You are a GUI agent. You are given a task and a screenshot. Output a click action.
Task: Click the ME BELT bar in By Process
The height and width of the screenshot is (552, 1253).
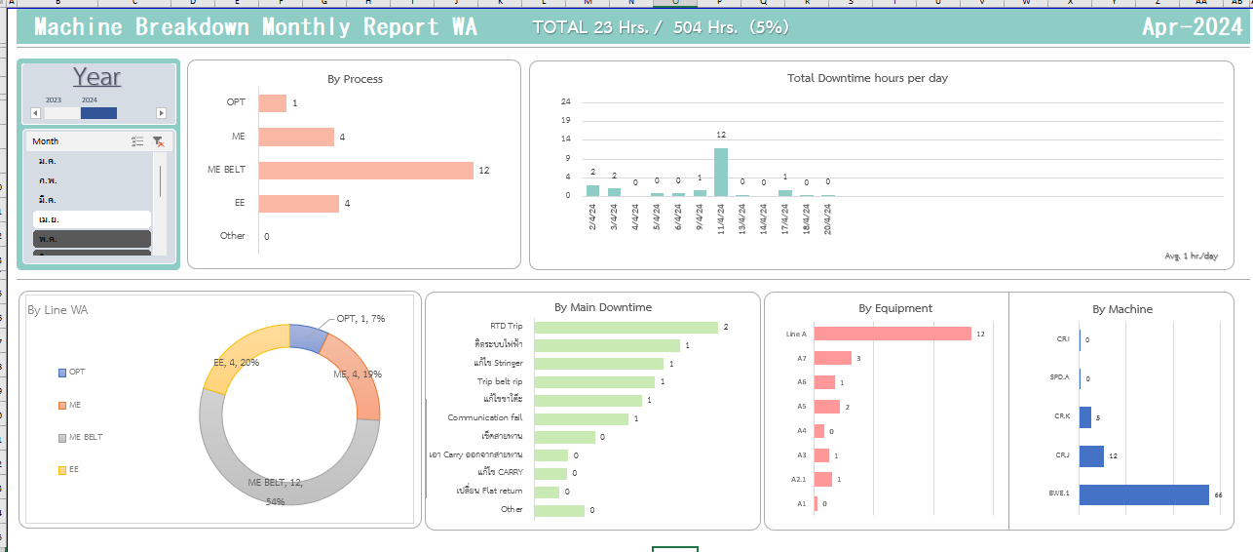[x=365, y=171]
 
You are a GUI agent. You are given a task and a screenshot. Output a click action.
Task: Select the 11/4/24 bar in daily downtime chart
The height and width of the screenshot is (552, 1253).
[x=721, y=172]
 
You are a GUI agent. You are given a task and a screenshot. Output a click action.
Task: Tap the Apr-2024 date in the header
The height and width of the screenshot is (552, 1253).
[x=1192, y=27]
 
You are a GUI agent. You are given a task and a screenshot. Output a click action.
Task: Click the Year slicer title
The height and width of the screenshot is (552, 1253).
[x=96, y=77]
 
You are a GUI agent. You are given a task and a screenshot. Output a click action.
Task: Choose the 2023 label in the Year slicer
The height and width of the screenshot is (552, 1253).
[x=54, y=100]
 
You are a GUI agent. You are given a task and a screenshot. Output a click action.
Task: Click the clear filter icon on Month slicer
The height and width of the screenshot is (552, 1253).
[x=158, y=141]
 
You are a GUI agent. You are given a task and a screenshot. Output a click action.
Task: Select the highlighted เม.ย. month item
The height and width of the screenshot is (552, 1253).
[x=92, y=219]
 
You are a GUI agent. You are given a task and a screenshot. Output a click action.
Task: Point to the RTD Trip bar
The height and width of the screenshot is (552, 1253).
[x=626, y=328]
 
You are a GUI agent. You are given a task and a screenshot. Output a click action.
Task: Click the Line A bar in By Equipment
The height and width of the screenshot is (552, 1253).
[x=892, y=334]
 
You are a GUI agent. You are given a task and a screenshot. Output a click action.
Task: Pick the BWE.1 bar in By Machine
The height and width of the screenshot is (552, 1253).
[x=1143, y=494]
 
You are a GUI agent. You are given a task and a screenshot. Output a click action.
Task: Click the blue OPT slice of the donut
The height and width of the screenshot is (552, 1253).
[x=306, y=336]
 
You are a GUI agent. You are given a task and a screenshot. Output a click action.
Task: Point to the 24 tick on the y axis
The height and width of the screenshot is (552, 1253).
[x=566, y=101]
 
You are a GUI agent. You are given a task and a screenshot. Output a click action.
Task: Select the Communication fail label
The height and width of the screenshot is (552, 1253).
[x=485, y=418]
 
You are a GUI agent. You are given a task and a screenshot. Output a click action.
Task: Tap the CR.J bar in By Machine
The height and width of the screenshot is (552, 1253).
[x=1091, y=456]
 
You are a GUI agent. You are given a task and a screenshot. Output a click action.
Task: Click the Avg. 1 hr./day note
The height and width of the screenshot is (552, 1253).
[x=1191, y=256]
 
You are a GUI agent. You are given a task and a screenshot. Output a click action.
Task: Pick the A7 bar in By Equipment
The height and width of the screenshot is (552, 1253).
[x=832, y=358]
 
